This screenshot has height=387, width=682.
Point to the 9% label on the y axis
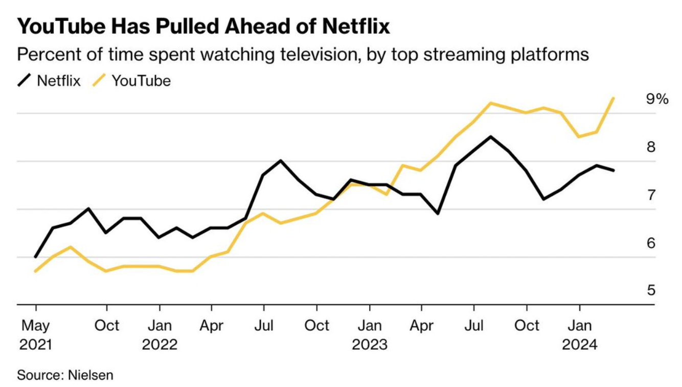[657, 99]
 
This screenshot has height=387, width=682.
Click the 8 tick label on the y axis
[651, 147]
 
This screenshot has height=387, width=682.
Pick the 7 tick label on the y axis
[651, 195]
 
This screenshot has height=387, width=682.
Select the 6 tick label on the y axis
[651, 243]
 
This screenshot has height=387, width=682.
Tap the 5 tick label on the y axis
[651, 291]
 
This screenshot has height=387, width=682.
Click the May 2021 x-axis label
[36, 335]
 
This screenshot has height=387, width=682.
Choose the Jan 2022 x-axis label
[160, 335]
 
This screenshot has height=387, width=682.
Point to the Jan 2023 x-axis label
[369, 335]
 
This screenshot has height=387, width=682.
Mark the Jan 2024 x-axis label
[579, 335]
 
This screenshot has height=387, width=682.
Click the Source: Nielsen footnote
[65, 375]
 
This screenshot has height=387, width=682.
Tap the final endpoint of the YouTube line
[613, 98]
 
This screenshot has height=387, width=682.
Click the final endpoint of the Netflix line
[613, 170]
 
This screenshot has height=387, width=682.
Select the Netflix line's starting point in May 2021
[35, 257]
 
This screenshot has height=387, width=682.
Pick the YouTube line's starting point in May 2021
[35, 271]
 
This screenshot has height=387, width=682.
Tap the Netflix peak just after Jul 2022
[281, 161]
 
